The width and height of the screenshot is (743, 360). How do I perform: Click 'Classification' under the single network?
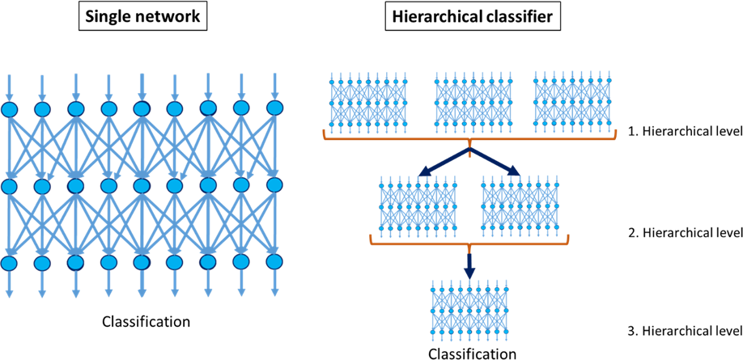[146, 322]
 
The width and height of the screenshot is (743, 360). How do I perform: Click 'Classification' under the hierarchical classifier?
[471, 353]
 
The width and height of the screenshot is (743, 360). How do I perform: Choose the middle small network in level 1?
[470, 101]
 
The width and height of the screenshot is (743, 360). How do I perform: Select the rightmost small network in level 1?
[571, 101]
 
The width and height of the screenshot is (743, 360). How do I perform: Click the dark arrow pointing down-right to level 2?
[497, 162]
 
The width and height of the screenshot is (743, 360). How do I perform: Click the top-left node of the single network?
[9, 108]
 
